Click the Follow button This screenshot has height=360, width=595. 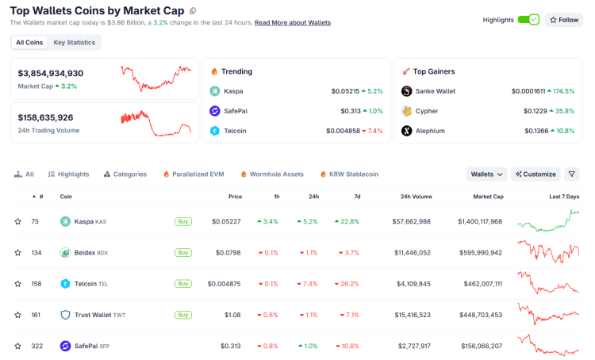pos(564,20)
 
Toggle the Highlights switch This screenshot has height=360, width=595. pos(528,20)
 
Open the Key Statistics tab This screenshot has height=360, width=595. pos(75,42)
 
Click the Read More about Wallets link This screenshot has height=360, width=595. pos(293,23)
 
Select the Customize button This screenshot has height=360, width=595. pos(535,174)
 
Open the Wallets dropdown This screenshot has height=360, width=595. pos(487,174)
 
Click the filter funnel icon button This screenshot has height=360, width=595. pos(572,174)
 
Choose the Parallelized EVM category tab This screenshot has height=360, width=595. pos(194,174)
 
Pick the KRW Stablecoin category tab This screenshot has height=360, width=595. pos(349,174)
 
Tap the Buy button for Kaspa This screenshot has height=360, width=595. pos(183,221)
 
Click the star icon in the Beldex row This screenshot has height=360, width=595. pos(17,252)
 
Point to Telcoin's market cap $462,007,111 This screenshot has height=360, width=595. pos(479,283)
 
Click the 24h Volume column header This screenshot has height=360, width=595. pos(416,196)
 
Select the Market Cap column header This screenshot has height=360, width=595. pos(487,196)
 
